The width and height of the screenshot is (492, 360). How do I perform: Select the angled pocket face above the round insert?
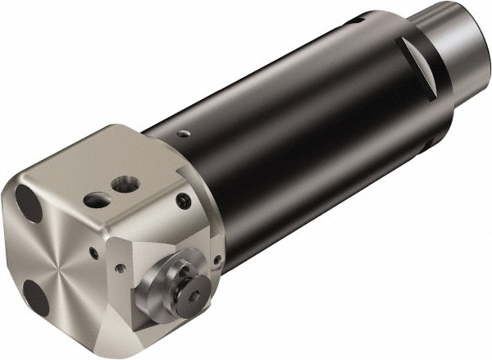164,230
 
